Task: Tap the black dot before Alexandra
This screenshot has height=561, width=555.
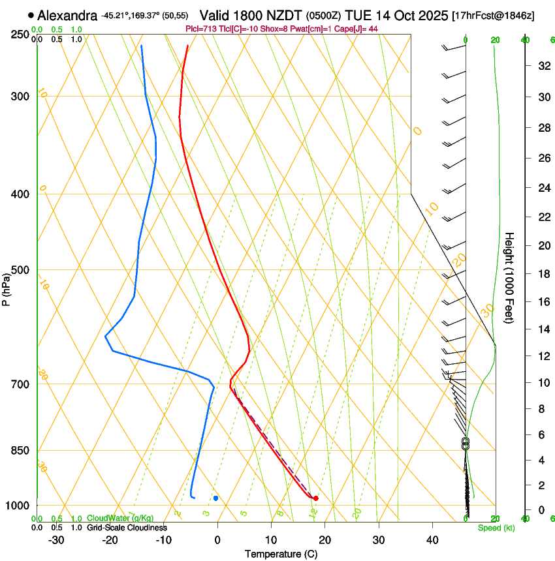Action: pyautogui.click(x=31, y=15)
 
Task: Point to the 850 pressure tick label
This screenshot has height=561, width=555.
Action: pyautogui.click(x=20, y=451)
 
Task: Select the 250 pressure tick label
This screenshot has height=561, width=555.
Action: pyautogui.click(x=20, y=35)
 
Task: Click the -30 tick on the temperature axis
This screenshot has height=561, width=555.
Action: pyautogui.click(x=56, y=540)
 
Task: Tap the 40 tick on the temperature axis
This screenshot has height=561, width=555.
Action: pyautogui.click(x=432, y=540)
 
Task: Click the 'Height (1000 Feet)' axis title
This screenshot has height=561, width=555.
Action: pyautogui.click(x=510, y=277)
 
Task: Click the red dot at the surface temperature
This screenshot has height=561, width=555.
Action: pyautogui.click(x=315, y=498)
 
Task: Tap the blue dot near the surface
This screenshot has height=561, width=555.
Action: pyautogui.click(x=215, y=498)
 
